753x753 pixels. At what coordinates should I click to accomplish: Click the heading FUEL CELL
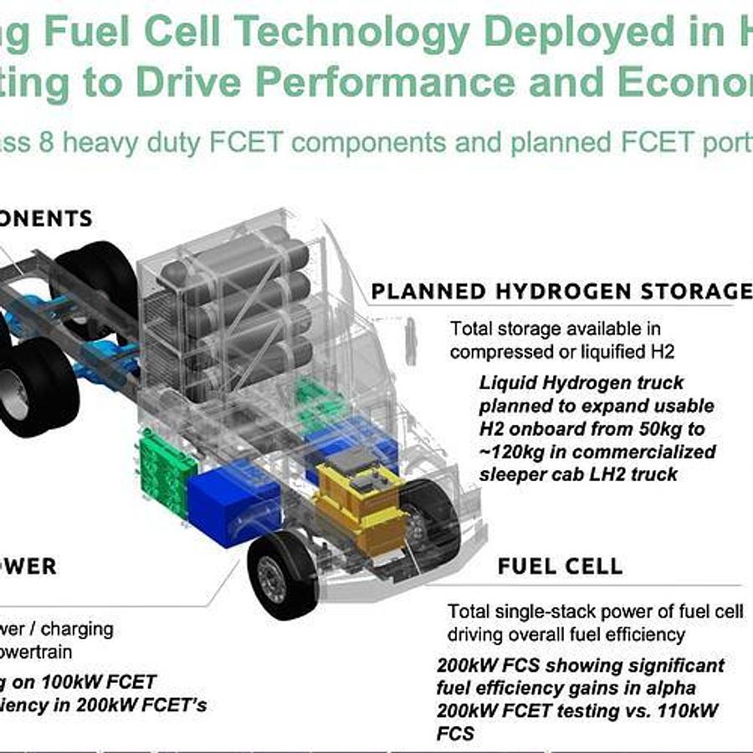pyautogui.click(x=560, y=566)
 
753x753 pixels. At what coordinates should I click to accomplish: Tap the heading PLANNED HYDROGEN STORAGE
pyautogui.click(x=561, y=291)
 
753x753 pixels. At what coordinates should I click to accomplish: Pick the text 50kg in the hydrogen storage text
pyautogui.click(x=665, y=429)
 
